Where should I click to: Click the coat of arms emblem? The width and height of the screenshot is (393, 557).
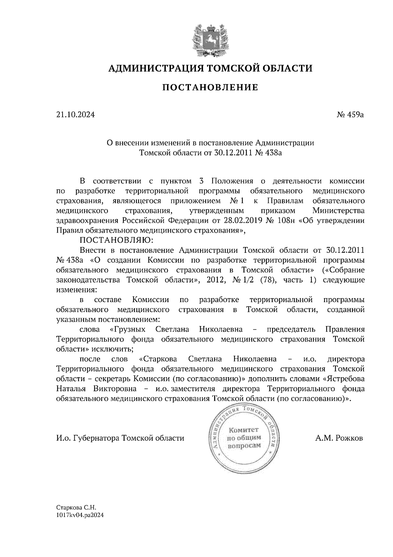point(210,39)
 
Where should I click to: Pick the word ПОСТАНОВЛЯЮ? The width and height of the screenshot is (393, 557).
point(117,240)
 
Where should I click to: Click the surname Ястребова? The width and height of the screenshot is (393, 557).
point(344,379)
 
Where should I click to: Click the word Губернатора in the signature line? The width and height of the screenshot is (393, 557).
point(97,438)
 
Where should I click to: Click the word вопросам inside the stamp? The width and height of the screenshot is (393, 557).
point(244,445)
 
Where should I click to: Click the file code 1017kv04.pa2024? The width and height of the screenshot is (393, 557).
point(80,515)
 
